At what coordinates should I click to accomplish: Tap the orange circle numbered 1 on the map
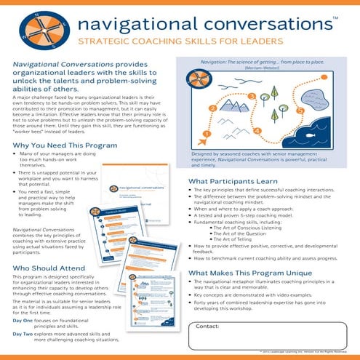[x=208, y=134]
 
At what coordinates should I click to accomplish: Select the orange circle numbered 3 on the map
[x=251, y=95]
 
